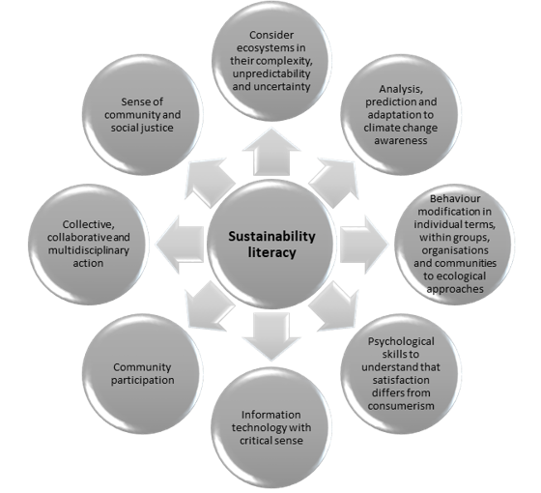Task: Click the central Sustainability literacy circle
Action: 271,244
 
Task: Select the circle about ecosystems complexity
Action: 271,61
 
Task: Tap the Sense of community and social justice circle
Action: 142,115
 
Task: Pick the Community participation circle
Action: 142,373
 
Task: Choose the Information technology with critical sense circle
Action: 271,427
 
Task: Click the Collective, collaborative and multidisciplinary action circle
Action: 88,244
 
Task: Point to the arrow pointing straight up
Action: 271,152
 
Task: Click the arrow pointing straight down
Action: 271,336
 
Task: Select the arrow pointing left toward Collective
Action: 180,245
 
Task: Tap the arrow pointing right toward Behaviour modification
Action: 364,245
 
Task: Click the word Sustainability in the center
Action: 271,237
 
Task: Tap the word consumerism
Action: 401,406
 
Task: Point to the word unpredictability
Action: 271,73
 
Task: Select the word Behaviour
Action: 455,198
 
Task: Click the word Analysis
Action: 401,89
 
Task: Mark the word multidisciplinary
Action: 88,250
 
